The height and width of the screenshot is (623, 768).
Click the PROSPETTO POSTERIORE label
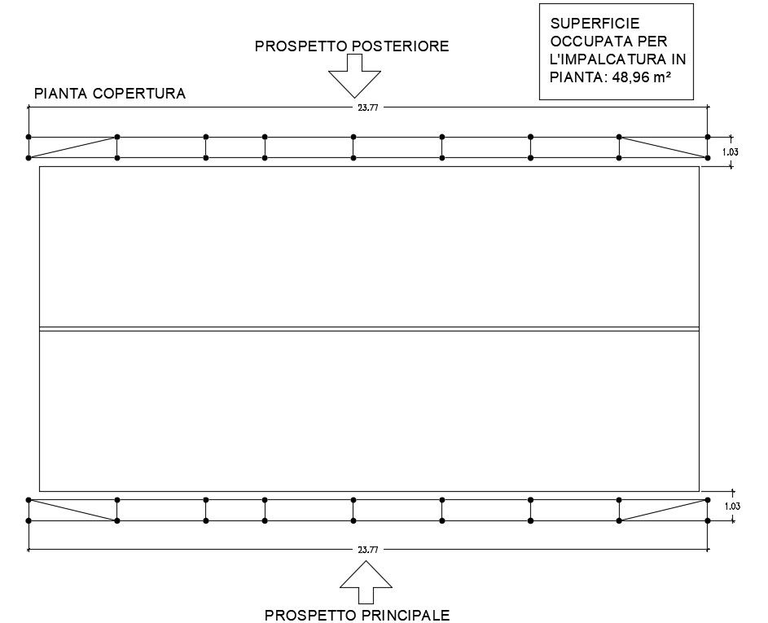[x=352, y=46]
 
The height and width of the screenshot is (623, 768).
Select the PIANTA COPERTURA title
[x=110, y=94]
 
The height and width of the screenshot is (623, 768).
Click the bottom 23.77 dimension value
[x=367, y=550]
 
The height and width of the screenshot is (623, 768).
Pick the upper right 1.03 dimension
[x=731, y=151]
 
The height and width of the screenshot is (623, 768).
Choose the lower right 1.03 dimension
[x=731, y=507]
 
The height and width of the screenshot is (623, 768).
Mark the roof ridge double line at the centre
[x=369, y=329]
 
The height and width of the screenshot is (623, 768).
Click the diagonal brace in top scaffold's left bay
[x=73, y=147]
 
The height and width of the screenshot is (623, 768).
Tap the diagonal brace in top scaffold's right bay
[x=664, y=147]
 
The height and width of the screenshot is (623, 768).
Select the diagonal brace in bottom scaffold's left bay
[x=73, y=510]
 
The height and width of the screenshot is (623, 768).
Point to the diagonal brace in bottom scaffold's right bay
[x=664, y=510]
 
